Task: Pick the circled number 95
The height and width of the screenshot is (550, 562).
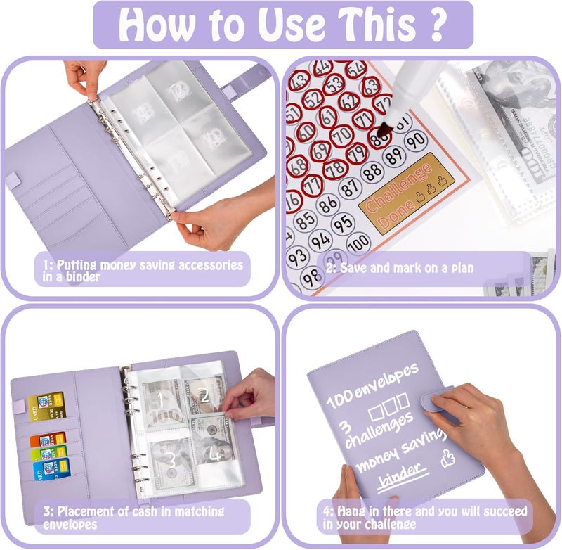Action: click(343, 223)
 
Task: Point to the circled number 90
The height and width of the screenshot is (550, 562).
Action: click(416, 141)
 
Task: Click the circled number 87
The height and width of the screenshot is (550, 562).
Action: click(349, 188)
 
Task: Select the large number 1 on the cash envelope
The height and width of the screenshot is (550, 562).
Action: click(160, 401)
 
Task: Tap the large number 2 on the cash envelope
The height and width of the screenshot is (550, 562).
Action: click(204, 395)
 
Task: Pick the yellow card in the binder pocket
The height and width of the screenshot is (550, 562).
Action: click(42, 405)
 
